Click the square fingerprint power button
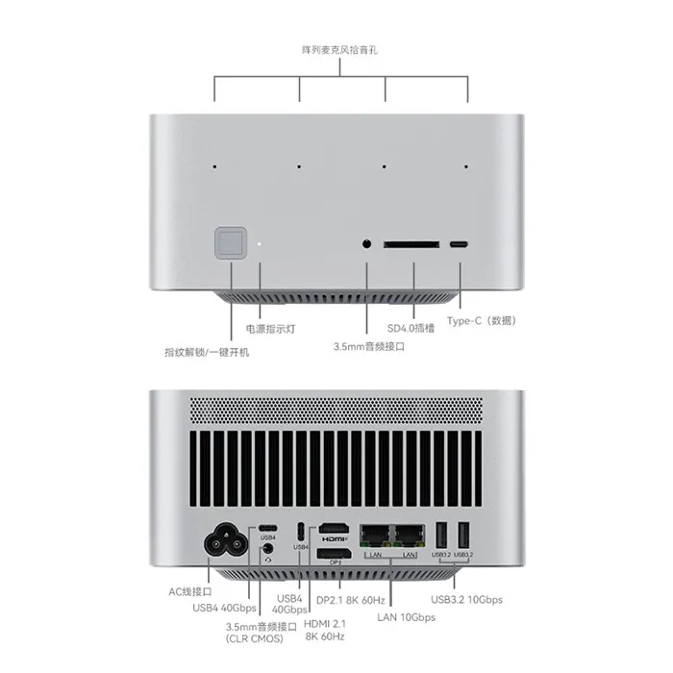(231, 243)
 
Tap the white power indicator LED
(260, 244)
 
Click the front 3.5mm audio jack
(366, 244)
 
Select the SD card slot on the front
(411, 244)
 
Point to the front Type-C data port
(459, 244)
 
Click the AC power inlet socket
(226, 539)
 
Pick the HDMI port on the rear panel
(334, 529)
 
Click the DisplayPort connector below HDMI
(334, 554)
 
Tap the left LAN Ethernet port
(375, 536)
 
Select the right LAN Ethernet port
(410, 536)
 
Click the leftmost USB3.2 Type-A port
(440, 536)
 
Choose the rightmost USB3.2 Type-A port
(463, 536)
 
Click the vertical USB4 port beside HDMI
(301, 532)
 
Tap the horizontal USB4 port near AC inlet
(267, 529)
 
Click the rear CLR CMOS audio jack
(268, 549)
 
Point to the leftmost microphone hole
(214, 166)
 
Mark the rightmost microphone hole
(466, 166)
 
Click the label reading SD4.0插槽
(411, 329)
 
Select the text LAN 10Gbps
(406, 617)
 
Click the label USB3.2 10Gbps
(466, 600)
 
